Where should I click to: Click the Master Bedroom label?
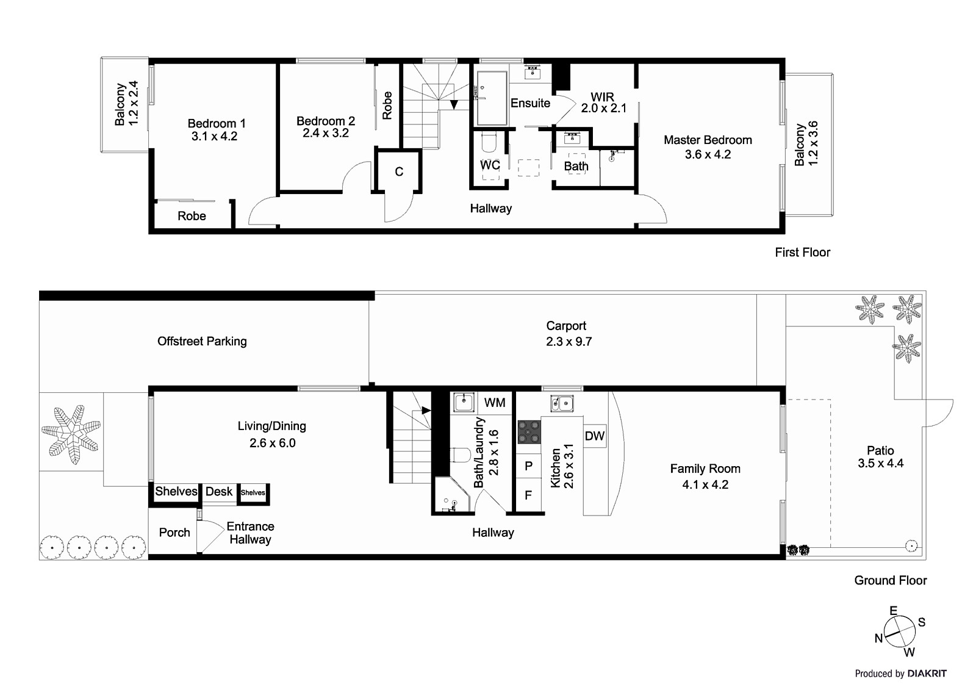[708, 140]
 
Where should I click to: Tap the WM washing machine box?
[495, 403]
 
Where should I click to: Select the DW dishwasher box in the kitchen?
[594, 436]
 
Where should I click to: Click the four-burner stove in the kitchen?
[529, 432]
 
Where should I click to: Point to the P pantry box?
[528, 466]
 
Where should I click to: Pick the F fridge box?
[528, 495]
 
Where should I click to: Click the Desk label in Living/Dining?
[218, 492]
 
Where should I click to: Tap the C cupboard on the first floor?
[399, 171]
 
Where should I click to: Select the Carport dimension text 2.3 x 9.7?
[569, 342]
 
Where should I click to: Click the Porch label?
[174, 533]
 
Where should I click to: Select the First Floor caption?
[802, 252]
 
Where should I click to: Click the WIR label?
[602, 97]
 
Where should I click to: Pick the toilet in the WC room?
[489, 142]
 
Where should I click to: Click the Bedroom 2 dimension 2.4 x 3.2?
[325, 133]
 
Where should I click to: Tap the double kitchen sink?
[561, 402]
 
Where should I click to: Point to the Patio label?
[880, 450]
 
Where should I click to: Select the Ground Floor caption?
[890, 580]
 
